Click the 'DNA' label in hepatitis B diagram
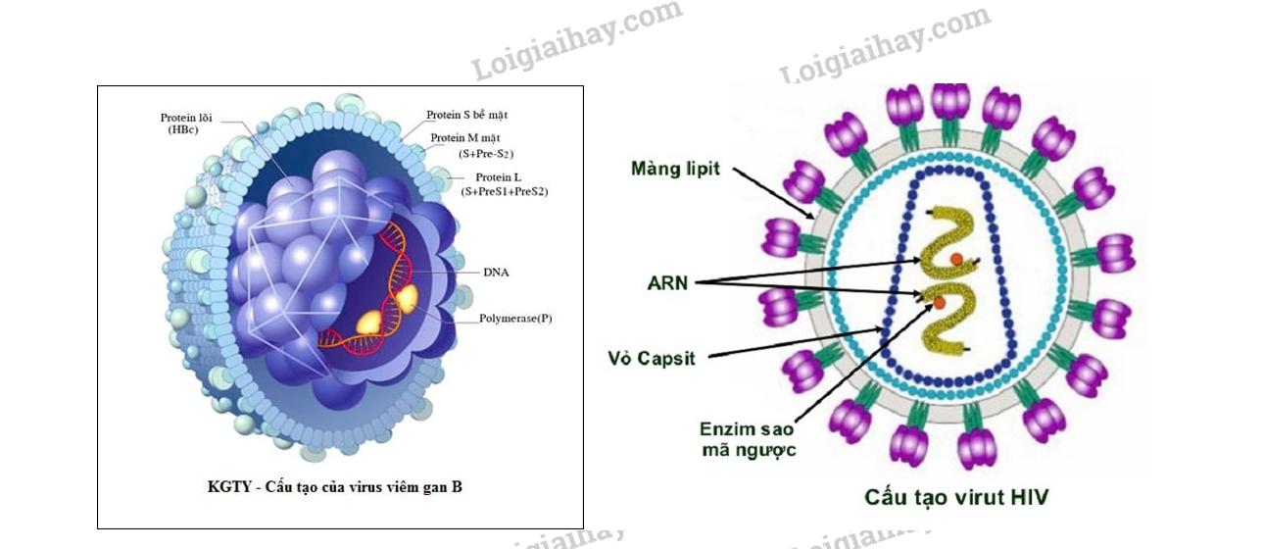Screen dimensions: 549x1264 click(x=496, y=272)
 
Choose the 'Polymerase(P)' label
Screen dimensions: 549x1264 click(x=515, y=319)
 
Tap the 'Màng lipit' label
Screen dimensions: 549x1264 click(x=675, y=169)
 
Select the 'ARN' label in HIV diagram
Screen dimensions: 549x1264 click(x=668, y=282)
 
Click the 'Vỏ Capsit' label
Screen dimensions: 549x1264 click(x=652, y=358)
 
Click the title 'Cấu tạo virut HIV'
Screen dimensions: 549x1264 click(x=955, y=497)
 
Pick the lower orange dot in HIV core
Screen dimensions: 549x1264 click(x=940, y=304)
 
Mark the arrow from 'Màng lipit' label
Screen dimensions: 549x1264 click(x=774, y=193)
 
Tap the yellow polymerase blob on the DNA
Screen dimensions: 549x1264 click(x=405, y=297)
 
